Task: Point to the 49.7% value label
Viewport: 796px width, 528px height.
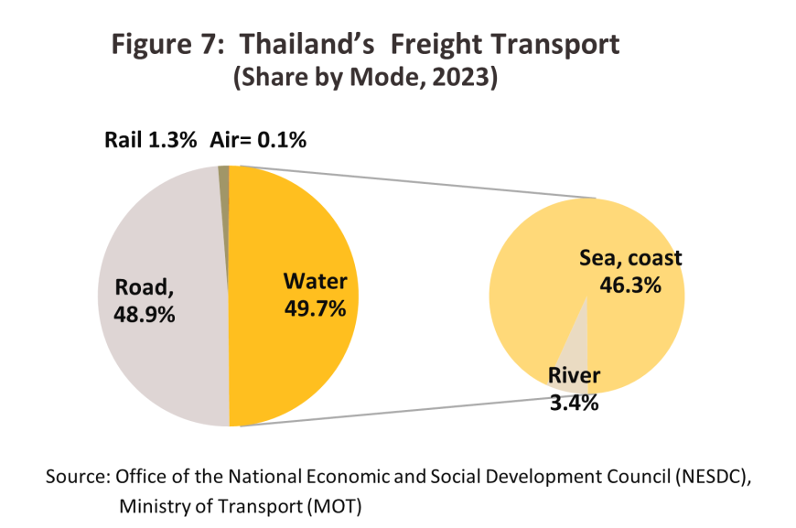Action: (x=315, y=308)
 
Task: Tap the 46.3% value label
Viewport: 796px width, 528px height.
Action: (x=629, y=285)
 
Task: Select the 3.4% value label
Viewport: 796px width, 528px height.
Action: (x=573, y=402)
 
